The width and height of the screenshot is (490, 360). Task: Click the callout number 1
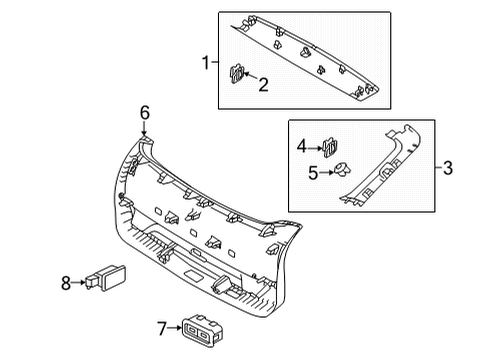pyautogui.click(x=205, y=63)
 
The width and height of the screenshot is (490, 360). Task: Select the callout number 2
pyautogui.click(x=263, y=86)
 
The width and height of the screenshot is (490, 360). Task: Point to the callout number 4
pyautogui.click(x=302, y=146)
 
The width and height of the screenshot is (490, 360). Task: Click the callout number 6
pyautogui.click(x=144, y=114)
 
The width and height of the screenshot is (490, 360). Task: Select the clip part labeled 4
pyautogui.click(x=333, y=145)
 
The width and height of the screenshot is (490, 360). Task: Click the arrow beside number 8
pyautogui.click(x=81, y=283)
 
